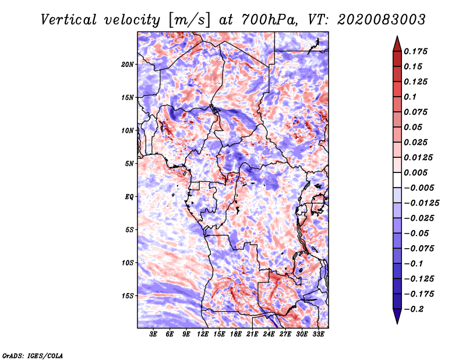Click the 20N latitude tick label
click(128, 65)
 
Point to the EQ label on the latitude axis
click(129, 196)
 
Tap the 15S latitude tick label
click(128, 296)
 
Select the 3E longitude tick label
click(153, 334)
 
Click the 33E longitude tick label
click(318, 334)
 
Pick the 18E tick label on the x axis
click(236, 334)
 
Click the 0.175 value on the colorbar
click(415, 51)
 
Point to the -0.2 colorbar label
click(414, 309)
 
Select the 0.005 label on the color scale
click(415, 172)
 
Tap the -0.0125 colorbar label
click(421, 203)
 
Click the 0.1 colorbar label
click(410, 97)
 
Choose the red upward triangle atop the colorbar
click(397, 44)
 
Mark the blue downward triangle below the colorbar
click(397, 316)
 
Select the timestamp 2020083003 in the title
click(382, 20)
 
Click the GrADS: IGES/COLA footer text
click(33, 356)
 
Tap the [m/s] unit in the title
click(189, 20)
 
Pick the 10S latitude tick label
click(128, 263)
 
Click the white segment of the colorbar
click(397, 180)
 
